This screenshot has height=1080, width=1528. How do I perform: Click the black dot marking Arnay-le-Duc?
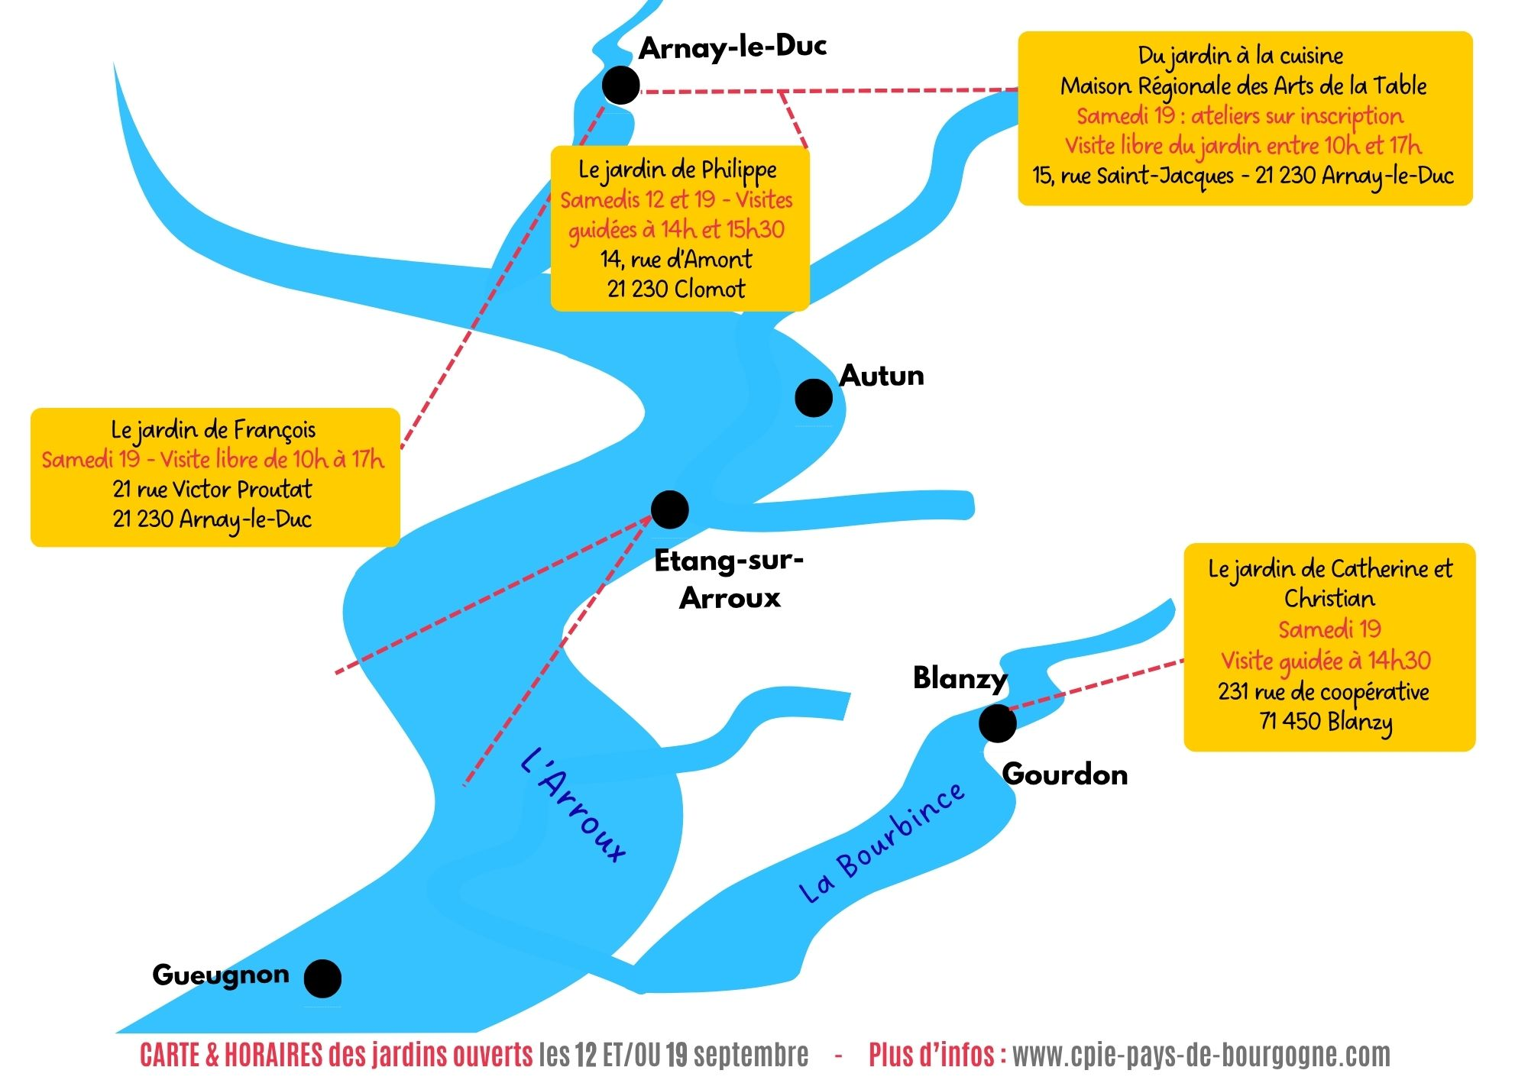[621, 85]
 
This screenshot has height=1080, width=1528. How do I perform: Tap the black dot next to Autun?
[814, 398]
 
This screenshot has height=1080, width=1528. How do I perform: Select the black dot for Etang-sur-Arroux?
[670, 509]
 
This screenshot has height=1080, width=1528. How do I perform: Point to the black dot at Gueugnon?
[322, 978]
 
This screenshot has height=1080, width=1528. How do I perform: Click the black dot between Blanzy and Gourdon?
[997, 723]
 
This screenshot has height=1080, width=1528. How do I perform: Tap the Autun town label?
[882, 376]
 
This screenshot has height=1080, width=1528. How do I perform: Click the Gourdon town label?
[1065, 774]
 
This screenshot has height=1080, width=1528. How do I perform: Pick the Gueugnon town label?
[221, 975]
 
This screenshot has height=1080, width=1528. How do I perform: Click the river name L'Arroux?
[573, 805]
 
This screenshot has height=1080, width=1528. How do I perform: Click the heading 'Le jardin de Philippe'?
[678, 170]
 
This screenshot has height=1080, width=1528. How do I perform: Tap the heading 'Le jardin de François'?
[213, 431]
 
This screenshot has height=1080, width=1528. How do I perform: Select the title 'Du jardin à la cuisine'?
[1241, 56]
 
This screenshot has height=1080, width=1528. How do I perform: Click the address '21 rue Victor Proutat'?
[212, 490]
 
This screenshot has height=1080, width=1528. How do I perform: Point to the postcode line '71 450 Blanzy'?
[1326, 722]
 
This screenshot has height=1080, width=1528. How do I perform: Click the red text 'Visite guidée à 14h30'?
[1326, 661]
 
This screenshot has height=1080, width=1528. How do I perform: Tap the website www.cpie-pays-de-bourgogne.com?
[1201, 1056]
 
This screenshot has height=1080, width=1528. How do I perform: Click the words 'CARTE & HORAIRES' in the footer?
[231, 1056]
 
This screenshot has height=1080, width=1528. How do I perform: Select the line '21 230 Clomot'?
[676, 289]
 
